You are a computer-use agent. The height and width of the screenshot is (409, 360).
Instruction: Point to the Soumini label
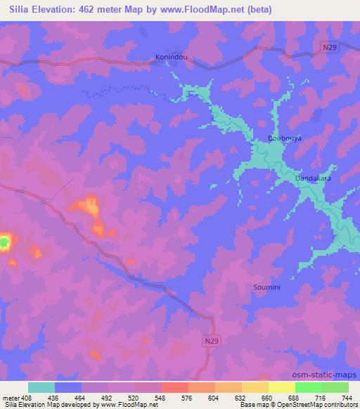click(x=267, y=287)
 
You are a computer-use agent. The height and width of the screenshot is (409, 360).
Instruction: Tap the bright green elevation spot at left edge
click(x=4, y=243)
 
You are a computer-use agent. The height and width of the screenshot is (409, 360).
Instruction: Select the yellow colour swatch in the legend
click(x=282, y=387)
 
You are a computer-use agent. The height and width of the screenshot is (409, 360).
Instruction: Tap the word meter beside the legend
click(x=11, y=398)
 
